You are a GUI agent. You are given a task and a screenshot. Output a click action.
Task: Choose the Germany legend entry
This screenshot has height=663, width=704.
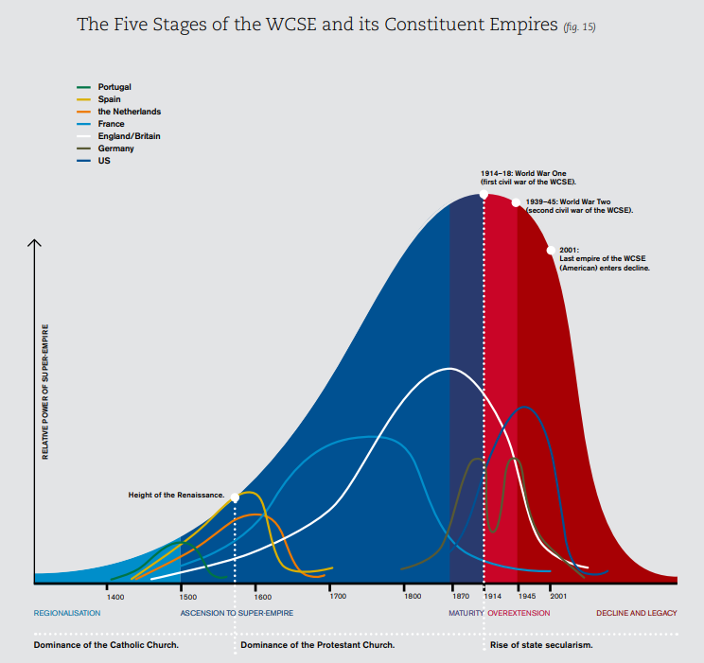pos(115,148)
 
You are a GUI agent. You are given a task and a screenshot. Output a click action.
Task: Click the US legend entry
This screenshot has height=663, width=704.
pos(103,161)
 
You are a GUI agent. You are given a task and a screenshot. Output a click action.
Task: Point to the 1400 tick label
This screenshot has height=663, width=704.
pos(115,597)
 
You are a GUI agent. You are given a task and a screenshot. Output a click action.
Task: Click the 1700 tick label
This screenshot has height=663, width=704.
pos(337,597)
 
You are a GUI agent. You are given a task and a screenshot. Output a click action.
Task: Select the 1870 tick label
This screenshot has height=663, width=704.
pos(461,597)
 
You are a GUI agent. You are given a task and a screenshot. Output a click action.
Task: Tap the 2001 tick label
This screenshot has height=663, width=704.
pos(558,597)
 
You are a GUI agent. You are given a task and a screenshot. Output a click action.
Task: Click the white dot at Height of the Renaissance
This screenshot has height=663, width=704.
pos(235,497)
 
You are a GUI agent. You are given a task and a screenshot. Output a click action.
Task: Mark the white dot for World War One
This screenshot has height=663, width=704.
pos(484,194)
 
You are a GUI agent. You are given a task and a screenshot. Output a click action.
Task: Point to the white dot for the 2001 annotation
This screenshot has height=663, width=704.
pos(550,251)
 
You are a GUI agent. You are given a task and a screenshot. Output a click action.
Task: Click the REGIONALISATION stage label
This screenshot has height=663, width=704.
pos(67,613)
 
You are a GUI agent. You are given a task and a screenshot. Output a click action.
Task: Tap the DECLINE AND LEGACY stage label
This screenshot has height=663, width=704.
pos(636,613)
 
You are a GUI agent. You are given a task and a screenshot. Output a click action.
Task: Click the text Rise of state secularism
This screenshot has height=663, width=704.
pos(541,645)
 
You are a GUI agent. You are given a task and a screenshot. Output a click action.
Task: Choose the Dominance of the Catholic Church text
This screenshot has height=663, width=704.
pos(106,645)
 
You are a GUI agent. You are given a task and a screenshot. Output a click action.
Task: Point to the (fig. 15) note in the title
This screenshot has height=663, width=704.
pos(579,26)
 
